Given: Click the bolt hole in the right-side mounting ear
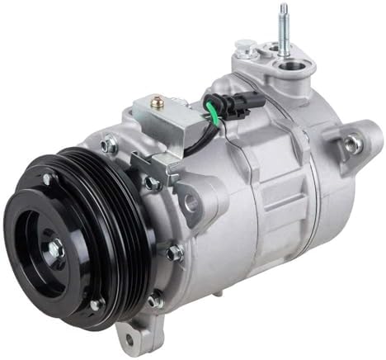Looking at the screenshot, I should click(353, 144).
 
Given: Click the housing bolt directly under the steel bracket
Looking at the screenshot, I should click(153, 183).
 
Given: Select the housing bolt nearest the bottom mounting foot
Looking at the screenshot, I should click(155, 301).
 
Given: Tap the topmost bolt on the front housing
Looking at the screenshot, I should click(108, 145).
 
